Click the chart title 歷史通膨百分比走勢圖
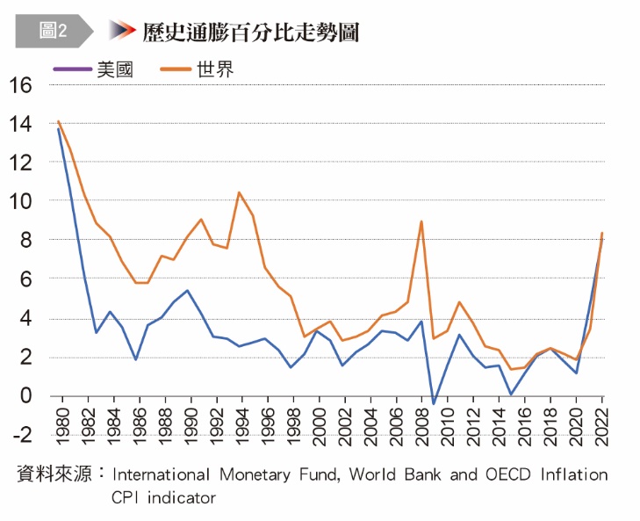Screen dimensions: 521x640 [251, 32]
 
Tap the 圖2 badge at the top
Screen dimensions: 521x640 [53, 31]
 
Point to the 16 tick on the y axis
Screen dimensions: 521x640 [21, 85]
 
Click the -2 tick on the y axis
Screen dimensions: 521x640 [21, 435]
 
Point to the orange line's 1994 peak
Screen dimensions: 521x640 [240, 192]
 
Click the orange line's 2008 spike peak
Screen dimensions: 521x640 [421, 221]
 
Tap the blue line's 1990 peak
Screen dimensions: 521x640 [188, 290]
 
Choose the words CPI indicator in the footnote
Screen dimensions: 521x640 [163, 497]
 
